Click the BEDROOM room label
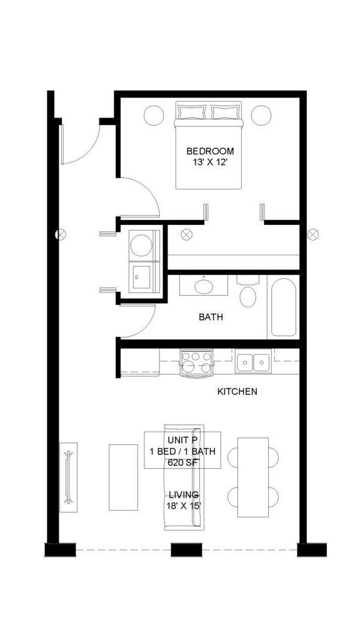point(210,151)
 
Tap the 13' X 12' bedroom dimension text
point(210,162)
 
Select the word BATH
point(211,317)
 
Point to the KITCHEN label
point(237,392)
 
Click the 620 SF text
point(182,463)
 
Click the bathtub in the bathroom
point(284,307)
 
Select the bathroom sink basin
point(204,286)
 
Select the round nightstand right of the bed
point(261,115)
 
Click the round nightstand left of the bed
point(154,115)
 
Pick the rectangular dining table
point(253,477)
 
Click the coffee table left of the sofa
point(123,477)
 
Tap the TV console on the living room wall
point(69,477)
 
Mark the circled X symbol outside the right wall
point(313,235)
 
